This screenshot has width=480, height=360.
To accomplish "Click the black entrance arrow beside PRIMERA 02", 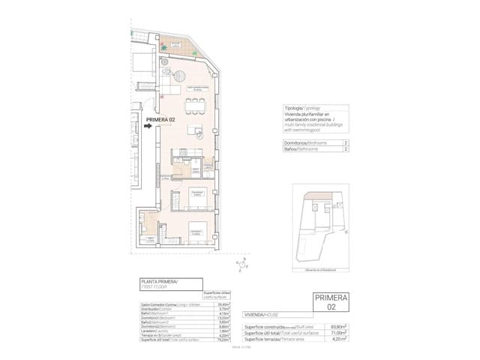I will pyautogui.click(x=150, y=127).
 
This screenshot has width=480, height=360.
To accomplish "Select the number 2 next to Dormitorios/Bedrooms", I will pyautogui.click(x=346, y=142).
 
